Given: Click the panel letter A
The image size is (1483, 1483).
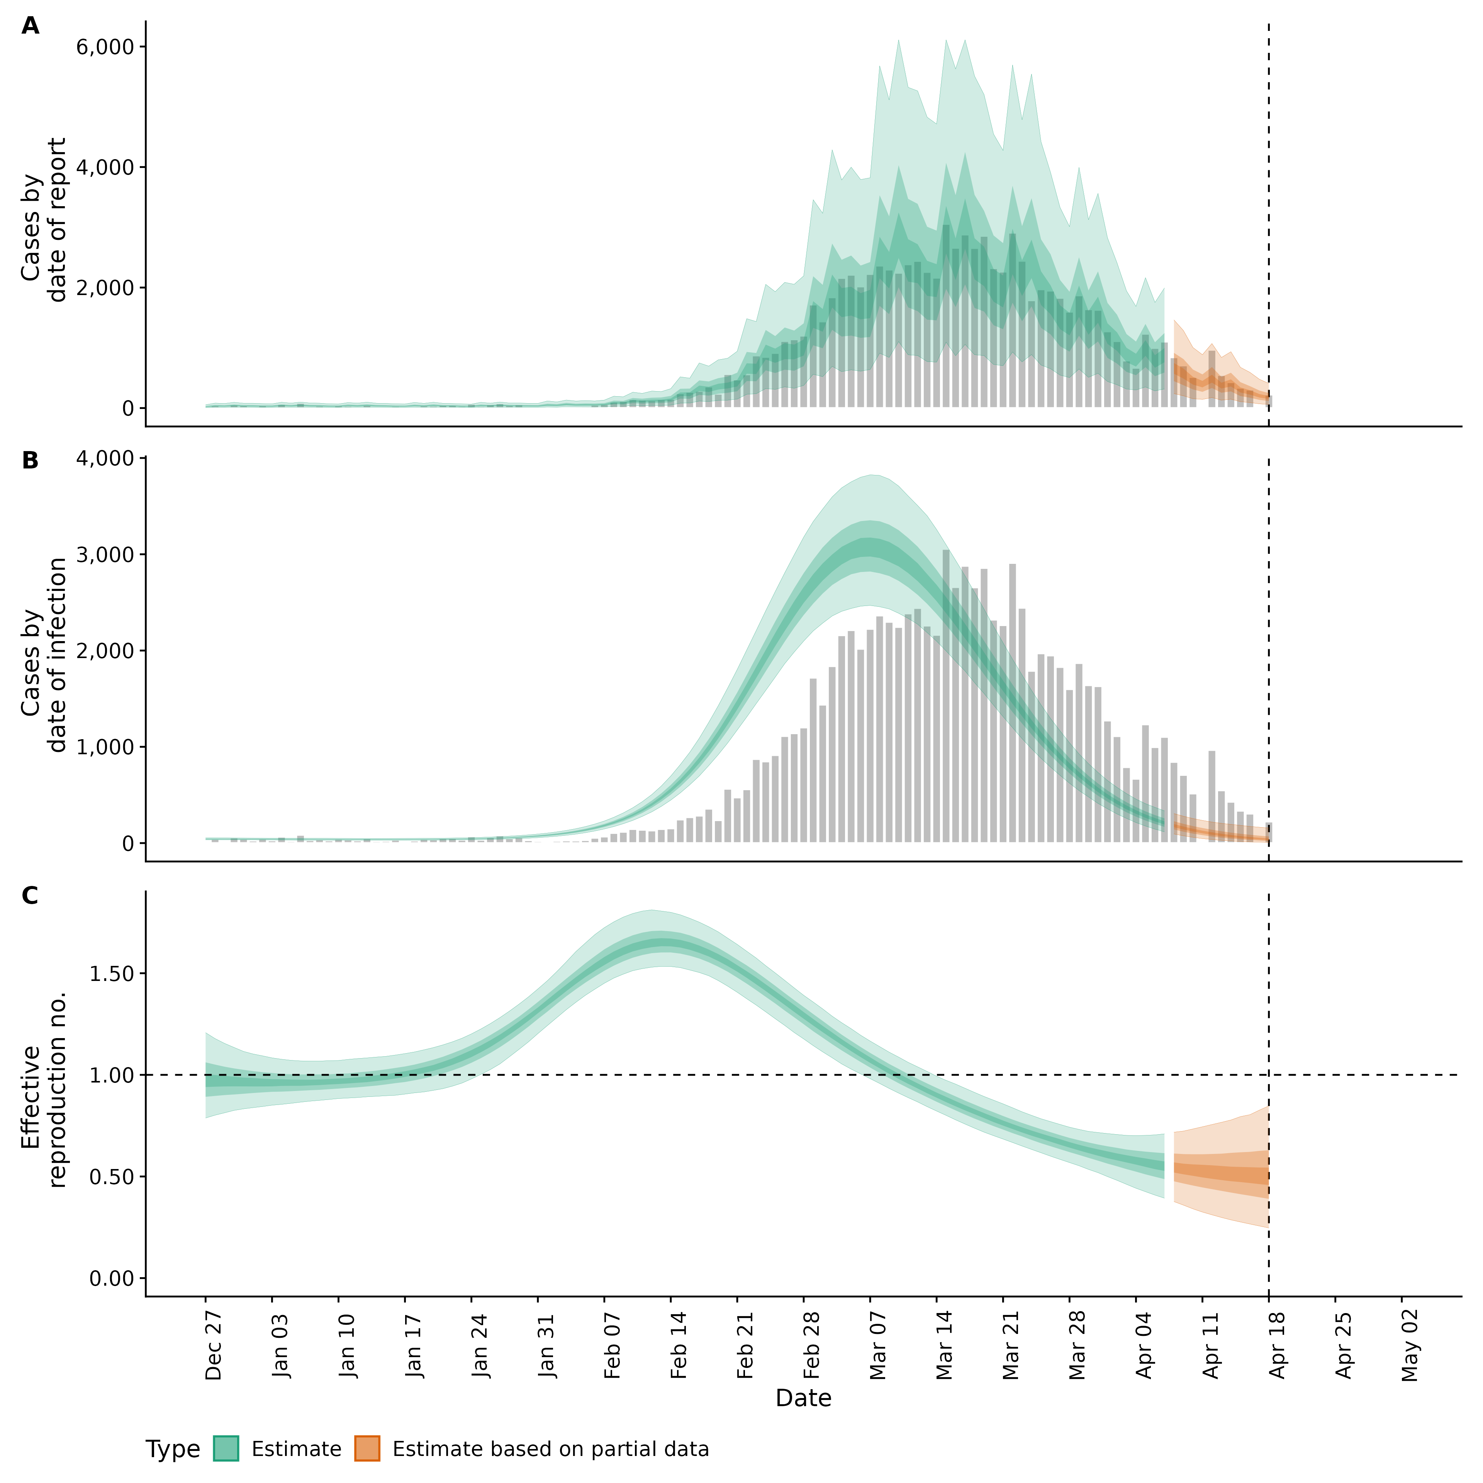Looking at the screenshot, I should point(30,26).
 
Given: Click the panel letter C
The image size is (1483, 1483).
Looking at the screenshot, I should point(30,896).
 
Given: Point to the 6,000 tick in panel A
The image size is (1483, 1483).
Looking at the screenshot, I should point(105,47).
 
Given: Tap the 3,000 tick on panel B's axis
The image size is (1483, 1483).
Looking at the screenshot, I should point(105,555).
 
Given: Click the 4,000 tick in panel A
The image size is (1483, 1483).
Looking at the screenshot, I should point(105,167).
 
